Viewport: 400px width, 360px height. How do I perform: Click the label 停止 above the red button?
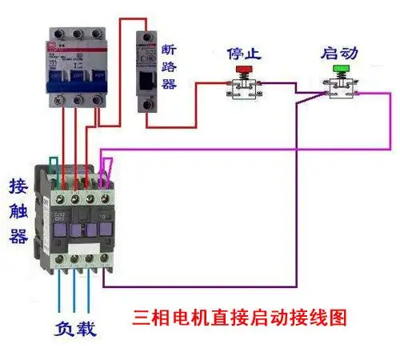(x=242, y=54)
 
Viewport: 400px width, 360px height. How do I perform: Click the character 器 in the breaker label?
(x=170, y=83)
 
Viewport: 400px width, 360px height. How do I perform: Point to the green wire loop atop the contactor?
(x=53, y=166)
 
